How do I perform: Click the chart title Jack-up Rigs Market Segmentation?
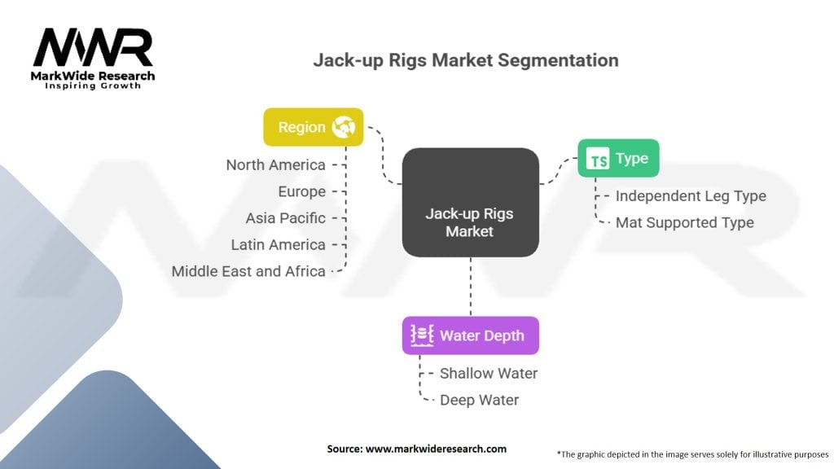466,60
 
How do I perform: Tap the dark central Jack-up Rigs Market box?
470,203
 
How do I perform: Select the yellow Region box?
313,127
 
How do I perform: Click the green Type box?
618,159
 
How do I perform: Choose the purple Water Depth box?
470,335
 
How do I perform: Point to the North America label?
275,165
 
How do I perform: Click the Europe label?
301,192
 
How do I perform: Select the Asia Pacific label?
285,218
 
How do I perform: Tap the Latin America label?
278,244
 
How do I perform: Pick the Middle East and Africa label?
248,271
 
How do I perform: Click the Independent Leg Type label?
691,196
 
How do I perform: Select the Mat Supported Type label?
684,222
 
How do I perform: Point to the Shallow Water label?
489,374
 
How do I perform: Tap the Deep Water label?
479,400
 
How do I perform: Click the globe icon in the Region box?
343,127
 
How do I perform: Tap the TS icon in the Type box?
599,160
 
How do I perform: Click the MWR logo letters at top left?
93,48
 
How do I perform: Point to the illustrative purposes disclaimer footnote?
692,454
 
